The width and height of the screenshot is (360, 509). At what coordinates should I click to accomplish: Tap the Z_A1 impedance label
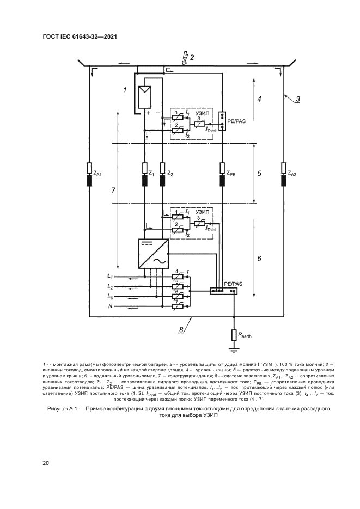pos(98,174)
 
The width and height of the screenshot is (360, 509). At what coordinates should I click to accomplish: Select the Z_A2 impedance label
pos(293,174)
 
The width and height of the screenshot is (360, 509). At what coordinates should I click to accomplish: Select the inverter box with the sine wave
pos(155,254)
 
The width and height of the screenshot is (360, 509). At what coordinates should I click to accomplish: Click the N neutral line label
pos(110,306)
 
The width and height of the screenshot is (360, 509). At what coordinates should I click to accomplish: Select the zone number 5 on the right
pos(260,174)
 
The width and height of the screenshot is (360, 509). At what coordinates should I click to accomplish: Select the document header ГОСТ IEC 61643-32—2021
pos(80,37)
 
